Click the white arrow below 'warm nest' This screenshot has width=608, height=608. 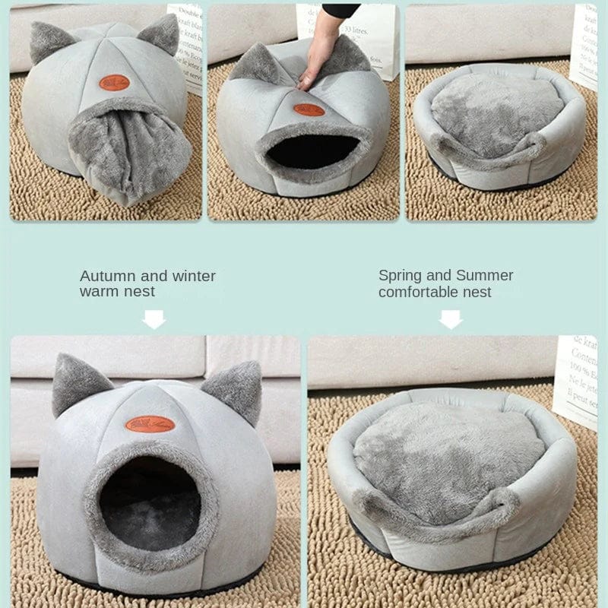(154, 319)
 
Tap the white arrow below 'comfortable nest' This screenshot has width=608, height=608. (451, 319)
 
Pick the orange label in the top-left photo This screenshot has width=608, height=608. (114, 82)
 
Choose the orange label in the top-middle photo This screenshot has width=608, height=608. (309, 109)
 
